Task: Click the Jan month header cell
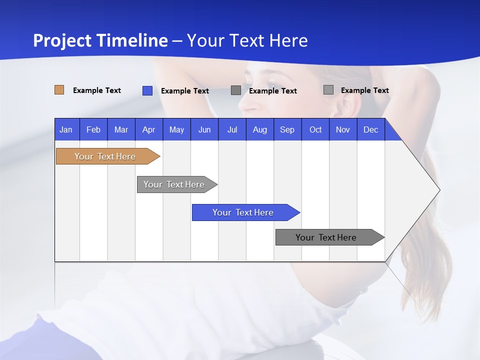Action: click(x=66, y=129)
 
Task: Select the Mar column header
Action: click(x=121, y=129)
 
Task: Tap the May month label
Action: click(x=176, y=129)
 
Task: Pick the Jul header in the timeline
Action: click(x=232, y=129)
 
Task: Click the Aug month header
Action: click(x=259, y=129)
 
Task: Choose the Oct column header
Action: click(x=315, y=129)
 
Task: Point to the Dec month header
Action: click(x=370, y=129)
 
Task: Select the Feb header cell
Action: click(x=93, y=129)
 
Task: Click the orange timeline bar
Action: click(x=105, y=156)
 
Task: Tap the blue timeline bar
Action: click(x=243, y=212)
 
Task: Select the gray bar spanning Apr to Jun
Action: click(x=174, y=184)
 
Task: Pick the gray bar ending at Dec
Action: click(x=326, y=237)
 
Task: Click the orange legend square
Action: click(x=59, y=90)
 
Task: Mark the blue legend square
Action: click(x=147, y=90)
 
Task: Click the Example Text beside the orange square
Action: click(x=97, y=90)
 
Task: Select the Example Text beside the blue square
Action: click(x=185, y=91)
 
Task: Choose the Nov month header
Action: click(x=342, y=129)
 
